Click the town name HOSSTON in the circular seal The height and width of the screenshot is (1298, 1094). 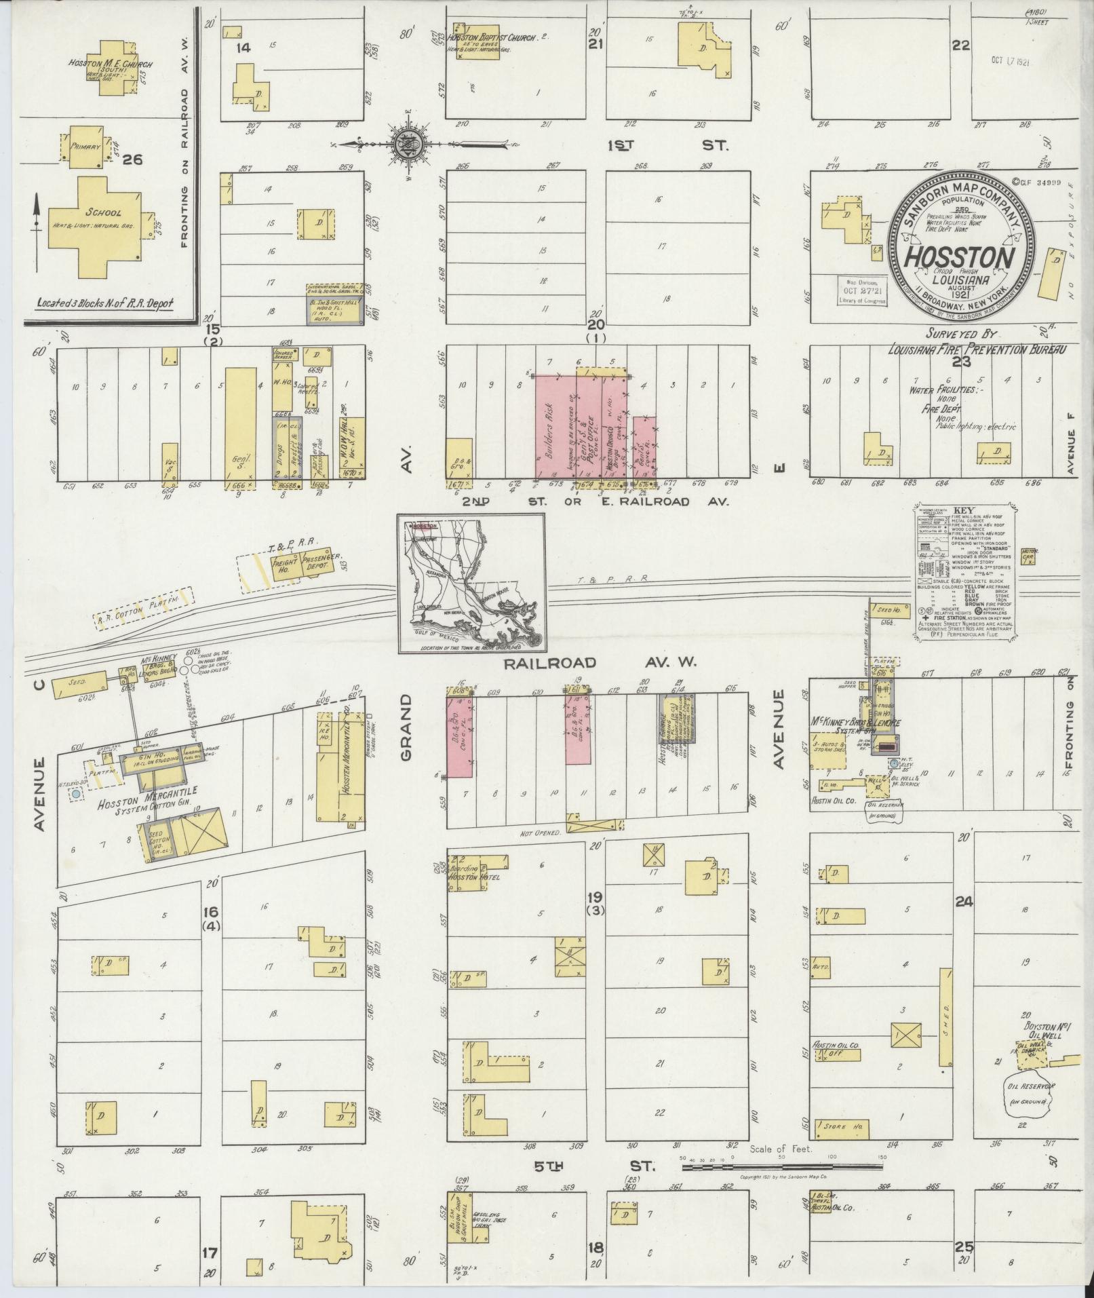point(960,256)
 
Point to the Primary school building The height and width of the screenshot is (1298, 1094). point(87,147)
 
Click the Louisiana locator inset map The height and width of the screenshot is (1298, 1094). point(470,584)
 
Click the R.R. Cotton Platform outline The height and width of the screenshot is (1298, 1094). point(144,609)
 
